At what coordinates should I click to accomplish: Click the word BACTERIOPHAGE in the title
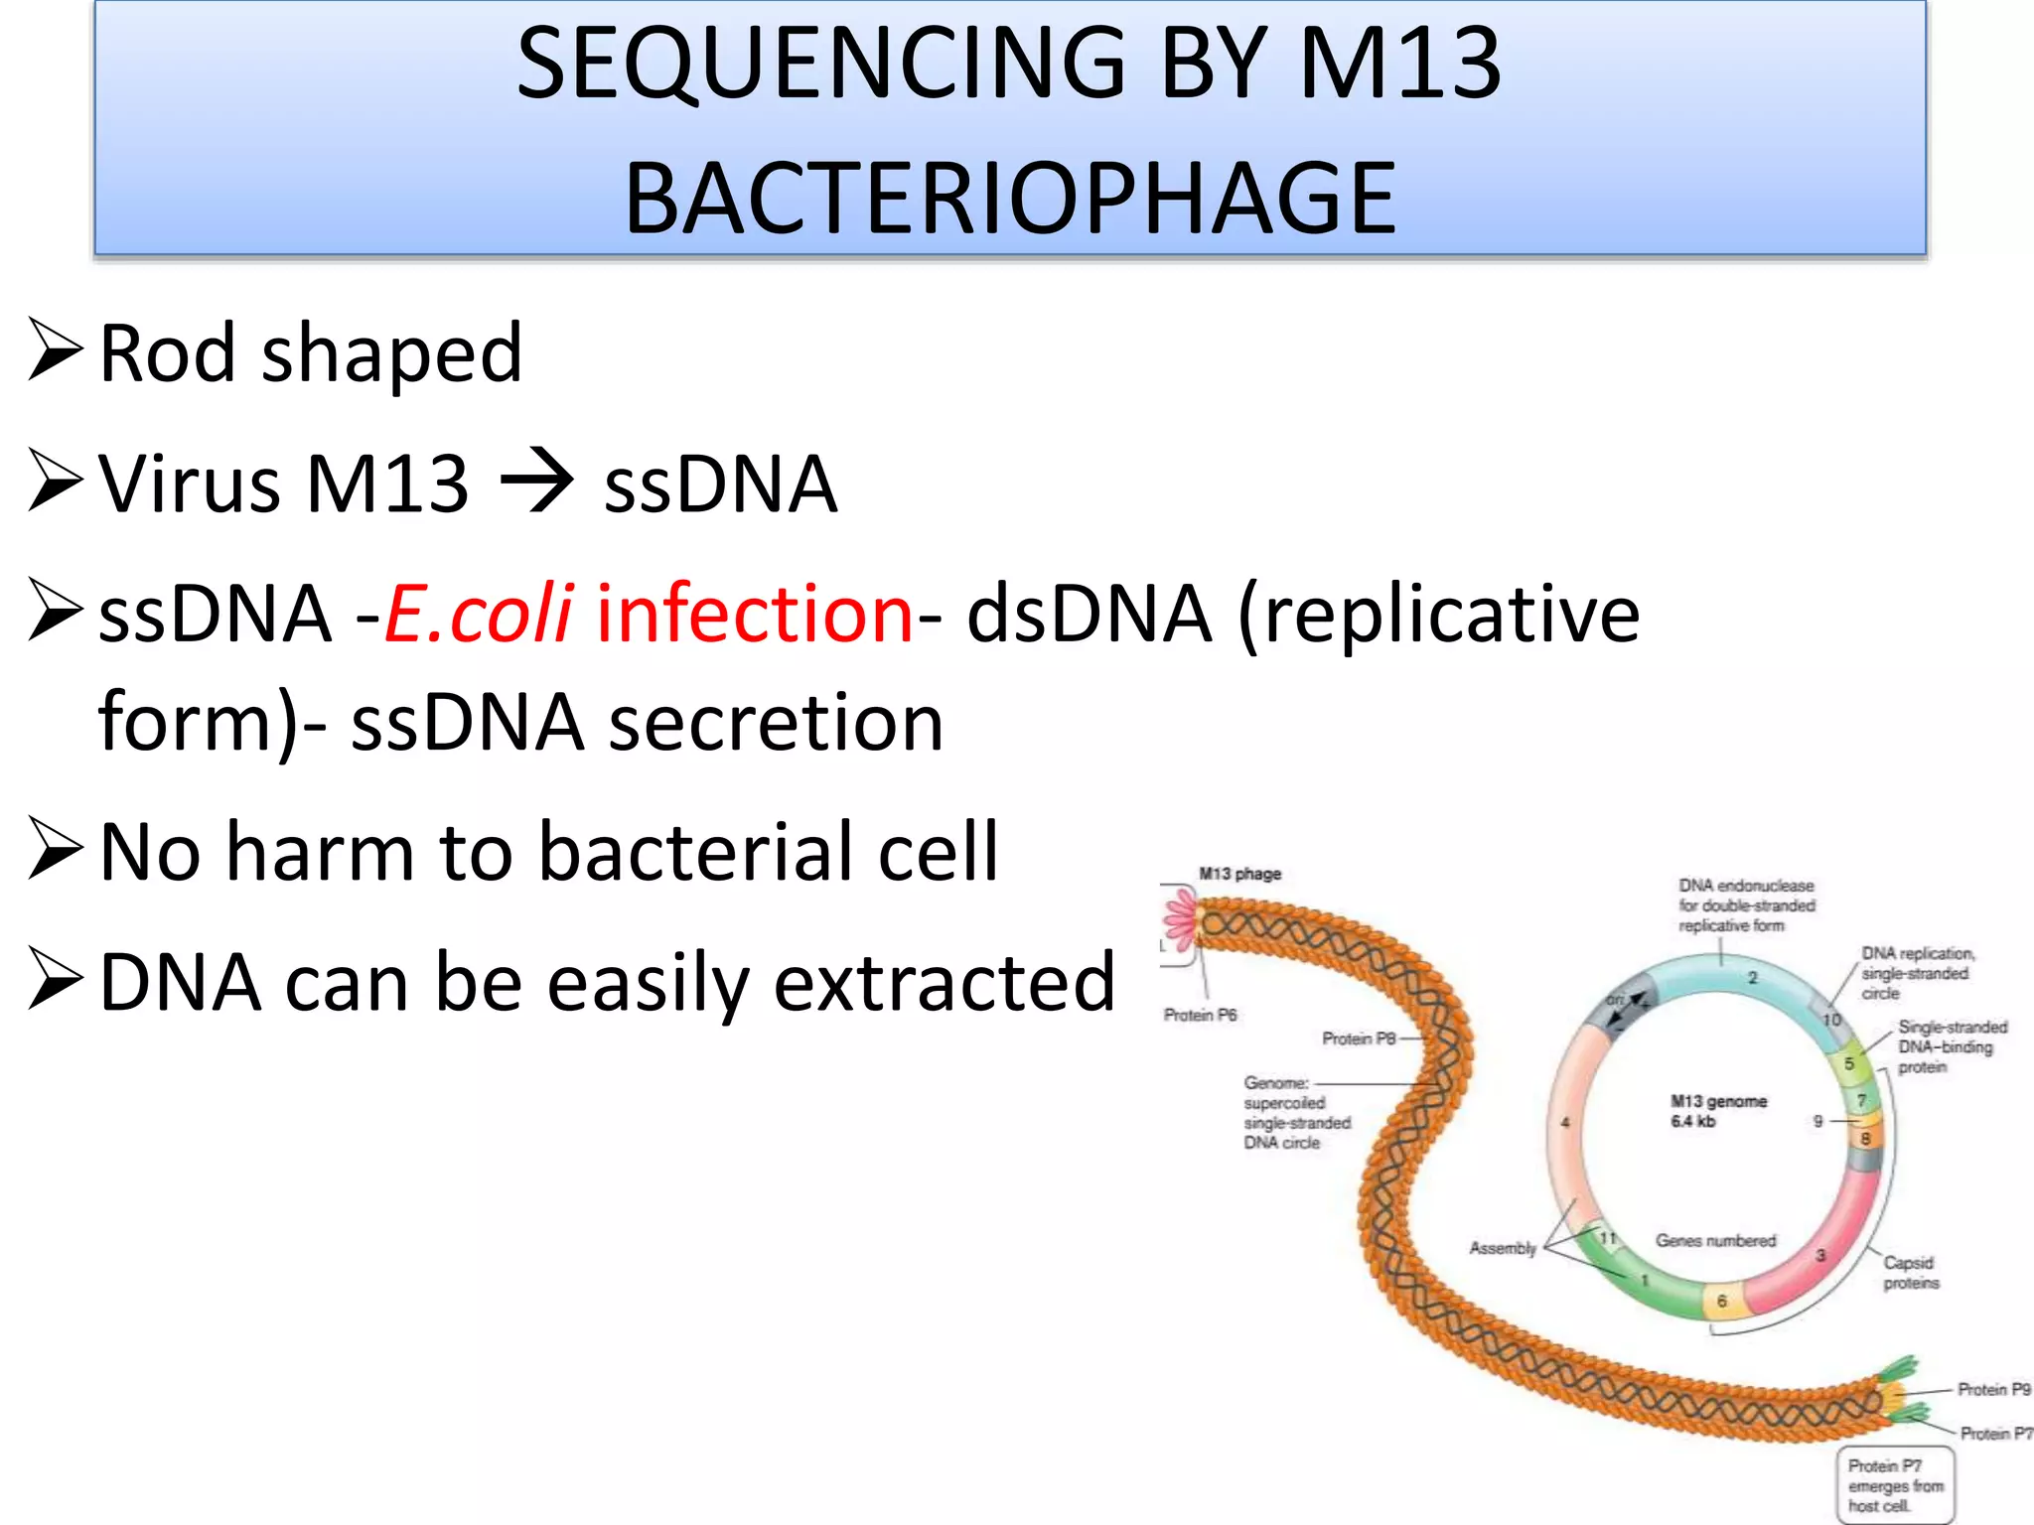[1010, 199]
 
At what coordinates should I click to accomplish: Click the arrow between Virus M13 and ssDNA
[536, 484]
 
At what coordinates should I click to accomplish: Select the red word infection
[754, 614]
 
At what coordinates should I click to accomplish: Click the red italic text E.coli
[479, 614]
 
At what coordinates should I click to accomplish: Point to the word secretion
[776, 722]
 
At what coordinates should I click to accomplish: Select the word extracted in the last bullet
[944, 982]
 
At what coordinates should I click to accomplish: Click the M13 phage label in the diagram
[1239, 874]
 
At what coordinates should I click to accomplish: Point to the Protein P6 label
[1200, 1015]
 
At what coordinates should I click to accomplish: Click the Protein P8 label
[1359, 1039]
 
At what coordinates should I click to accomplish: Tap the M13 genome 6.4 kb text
[1717, 1111]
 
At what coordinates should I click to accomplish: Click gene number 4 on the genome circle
[1565, 1123]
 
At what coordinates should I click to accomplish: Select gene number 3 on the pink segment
[1820, 1255]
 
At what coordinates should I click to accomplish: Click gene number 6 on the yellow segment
[1722, 1301]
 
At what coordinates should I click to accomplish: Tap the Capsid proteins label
[1910, 1273]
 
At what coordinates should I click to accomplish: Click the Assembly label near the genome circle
[1502, 1248]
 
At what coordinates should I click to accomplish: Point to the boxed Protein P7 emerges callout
[1894, 1485]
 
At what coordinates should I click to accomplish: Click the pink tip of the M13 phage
[1181, 919]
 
